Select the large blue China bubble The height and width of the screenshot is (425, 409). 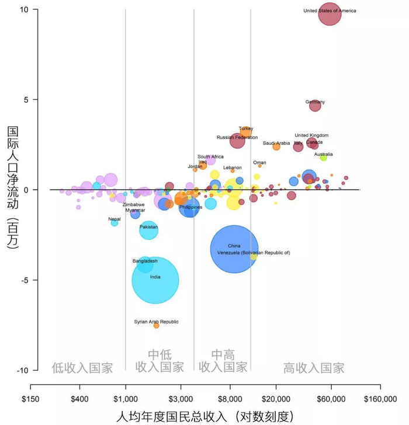tap(234, 249)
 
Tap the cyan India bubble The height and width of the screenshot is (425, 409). tap(155, 280)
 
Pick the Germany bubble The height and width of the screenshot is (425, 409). tap(315, 106)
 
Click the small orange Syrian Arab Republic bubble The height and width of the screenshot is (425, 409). tap(156, 325)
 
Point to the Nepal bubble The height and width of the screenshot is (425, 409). tap(115, 223)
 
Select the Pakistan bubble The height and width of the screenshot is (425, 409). tap(148, 230)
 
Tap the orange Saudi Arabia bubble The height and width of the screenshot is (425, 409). tap(276, 147)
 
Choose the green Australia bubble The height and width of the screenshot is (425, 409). tap(323, 158)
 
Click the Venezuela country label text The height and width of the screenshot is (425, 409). tap(253, 253)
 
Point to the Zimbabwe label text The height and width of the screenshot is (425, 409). tap(133, 205)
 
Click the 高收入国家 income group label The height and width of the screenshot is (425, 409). tap(313, 368)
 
